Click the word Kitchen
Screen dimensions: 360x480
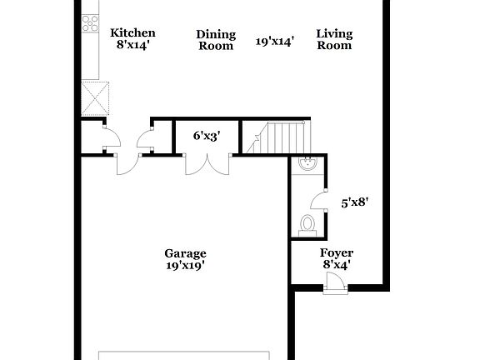coord(132,33)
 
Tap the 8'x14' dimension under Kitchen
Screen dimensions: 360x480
coord(132,45)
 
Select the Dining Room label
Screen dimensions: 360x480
coord(216,40)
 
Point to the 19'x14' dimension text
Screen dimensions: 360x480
coord(275,41)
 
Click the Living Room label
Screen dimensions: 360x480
coord(334,40)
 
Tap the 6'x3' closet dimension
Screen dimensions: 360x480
coord(206,136)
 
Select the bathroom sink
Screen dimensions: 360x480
coord(306,164)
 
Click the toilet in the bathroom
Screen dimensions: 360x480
coord(307,222)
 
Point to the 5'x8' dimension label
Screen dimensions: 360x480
coord(355,201)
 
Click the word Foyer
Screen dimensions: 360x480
coord(337,252)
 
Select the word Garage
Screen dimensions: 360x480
coord(185,253)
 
